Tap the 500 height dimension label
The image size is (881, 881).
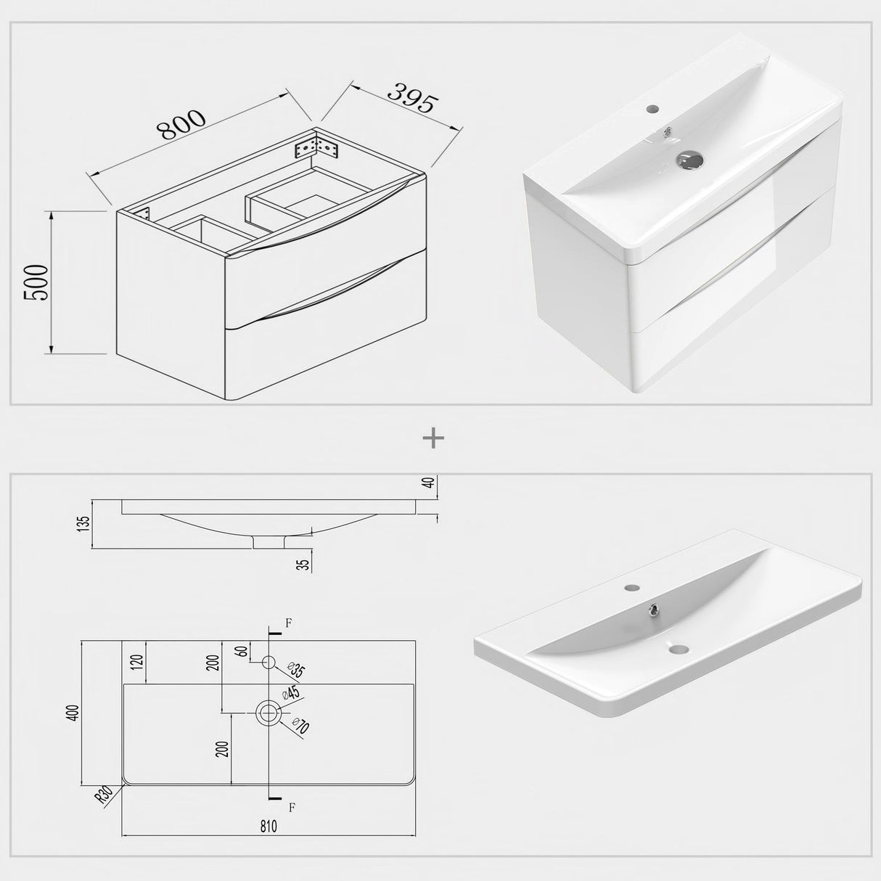[x=37, y=282]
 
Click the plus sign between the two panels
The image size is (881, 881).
[x=433, y=438]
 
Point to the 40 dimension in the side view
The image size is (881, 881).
[x=433, y=483]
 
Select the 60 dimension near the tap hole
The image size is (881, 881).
[x=243, y=651]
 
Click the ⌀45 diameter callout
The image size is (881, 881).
[x=291, y=694]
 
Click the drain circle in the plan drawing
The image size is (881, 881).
[x=269, y=713]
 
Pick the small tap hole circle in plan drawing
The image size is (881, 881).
[x=269, y=661]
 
